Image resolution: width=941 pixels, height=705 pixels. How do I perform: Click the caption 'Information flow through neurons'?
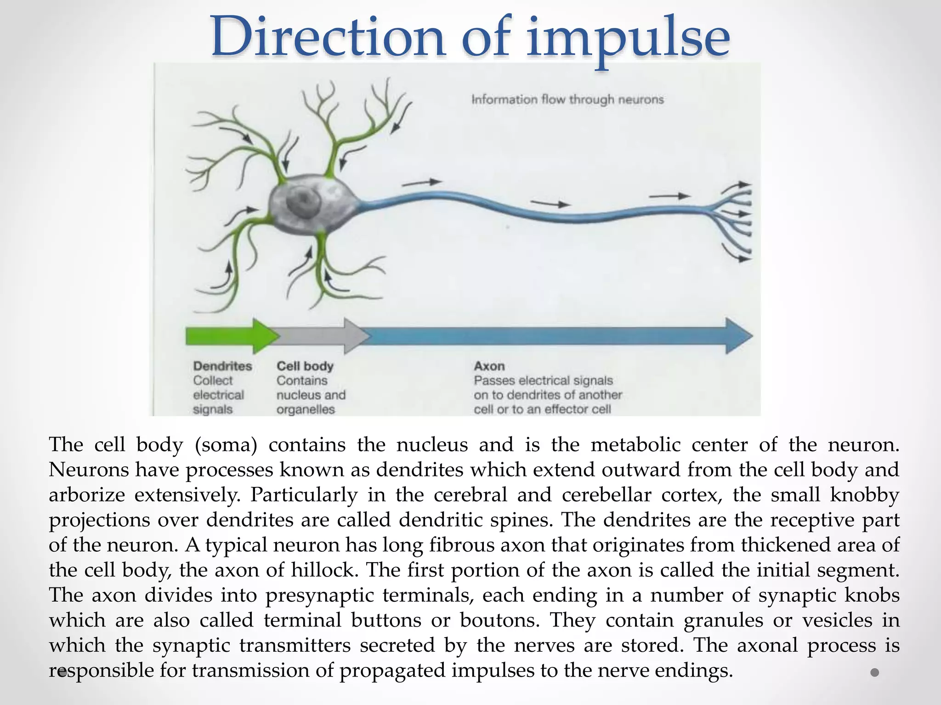tap(567, 100)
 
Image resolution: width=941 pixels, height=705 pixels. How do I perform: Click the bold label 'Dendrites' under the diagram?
tap(222, 366)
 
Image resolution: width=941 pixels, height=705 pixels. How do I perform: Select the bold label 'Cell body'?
tap(305, 366)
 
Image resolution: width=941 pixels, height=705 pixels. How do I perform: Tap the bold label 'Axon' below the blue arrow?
tap(489, 366)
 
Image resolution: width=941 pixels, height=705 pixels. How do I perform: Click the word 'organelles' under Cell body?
tap(306, 409)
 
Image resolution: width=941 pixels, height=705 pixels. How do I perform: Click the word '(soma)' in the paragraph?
tap(226, 445)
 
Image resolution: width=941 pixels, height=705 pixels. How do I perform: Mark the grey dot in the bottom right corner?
tap(874, 672)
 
